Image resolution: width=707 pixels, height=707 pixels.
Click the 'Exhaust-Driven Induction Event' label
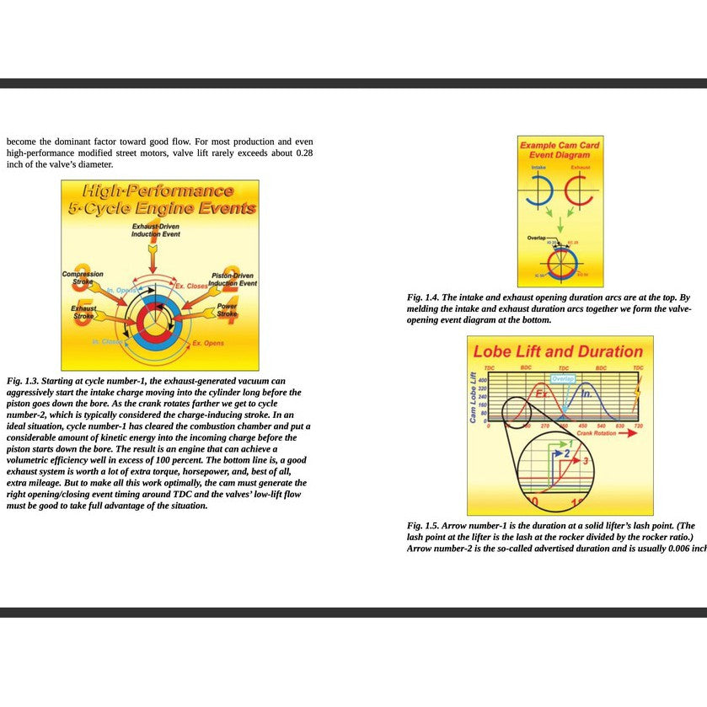pos(155,230)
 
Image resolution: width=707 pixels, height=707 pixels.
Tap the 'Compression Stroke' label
pos(83,277)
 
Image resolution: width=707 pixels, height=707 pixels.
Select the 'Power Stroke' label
pos(227,310)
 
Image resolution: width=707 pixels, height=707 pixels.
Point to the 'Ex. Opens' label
pos(207,344)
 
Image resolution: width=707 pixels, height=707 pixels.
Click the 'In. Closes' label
pos(106,341)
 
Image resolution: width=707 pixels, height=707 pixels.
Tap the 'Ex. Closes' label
pos(190,286)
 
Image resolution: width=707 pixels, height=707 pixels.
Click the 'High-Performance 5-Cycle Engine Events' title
pos(161,200)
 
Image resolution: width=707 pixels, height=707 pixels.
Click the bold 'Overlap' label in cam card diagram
pos(536,238)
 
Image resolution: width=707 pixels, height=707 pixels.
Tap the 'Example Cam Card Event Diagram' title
pos(560,150)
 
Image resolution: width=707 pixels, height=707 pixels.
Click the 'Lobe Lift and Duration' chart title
pos(558,351)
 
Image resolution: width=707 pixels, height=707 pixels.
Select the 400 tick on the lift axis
pos(483,381)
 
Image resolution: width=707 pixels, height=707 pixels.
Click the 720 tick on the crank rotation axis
pos(637,426)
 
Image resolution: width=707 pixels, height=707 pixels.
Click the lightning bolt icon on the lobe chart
pos(643,396)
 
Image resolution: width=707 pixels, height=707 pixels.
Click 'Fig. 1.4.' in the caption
pos(422,297)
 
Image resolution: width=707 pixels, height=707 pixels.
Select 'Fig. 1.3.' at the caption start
pos(23,381)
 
